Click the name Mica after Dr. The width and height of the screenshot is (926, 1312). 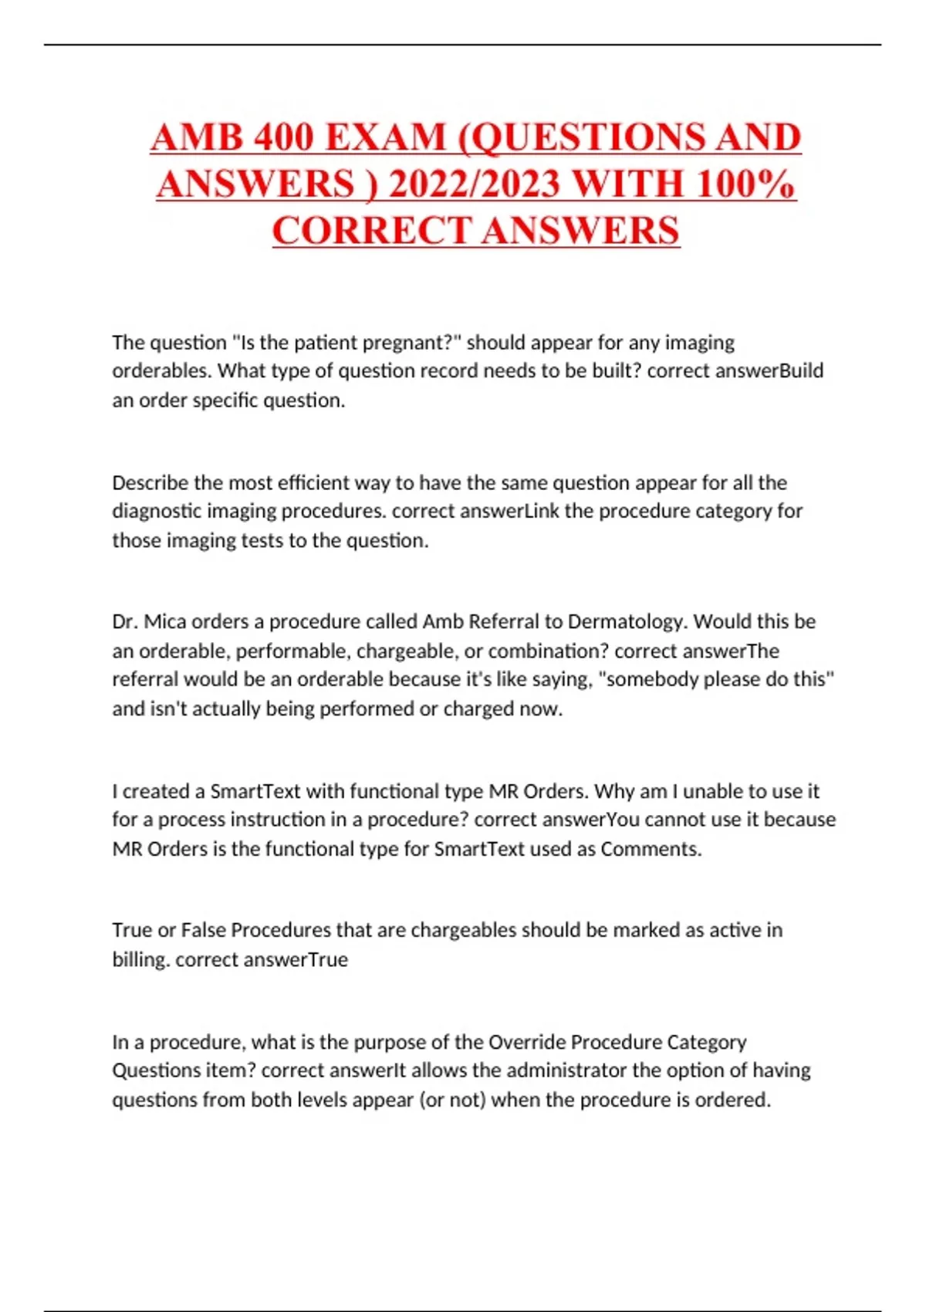click(165, 622)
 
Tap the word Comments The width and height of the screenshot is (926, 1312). click(651, 849)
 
